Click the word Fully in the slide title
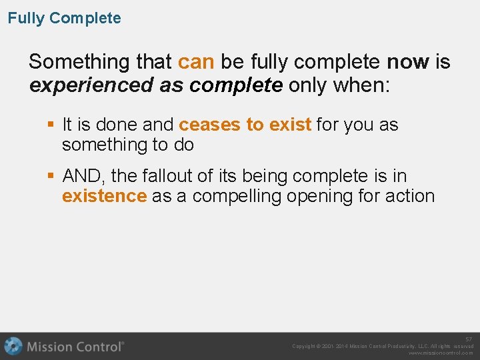(26, 19)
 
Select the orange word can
(196, 62)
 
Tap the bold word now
(408, 62)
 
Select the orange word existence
(104, 196)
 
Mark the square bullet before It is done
(51, 125)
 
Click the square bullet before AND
(51, 176)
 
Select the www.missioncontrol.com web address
(441, 353)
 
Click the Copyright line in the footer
(383, 347)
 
